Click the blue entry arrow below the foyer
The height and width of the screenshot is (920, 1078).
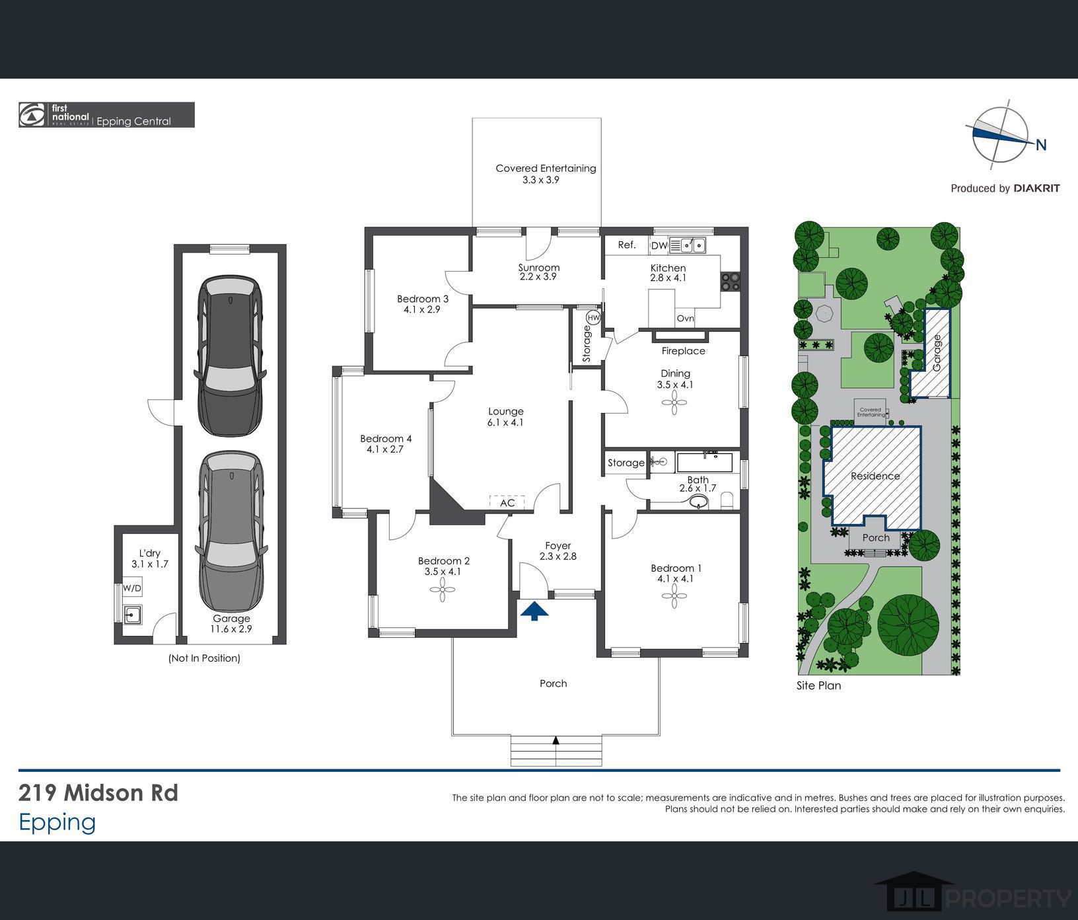pyautogui.click(x=534, y=611)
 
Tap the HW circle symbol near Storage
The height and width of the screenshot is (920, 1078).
pyautogui.click(x=594, y=319)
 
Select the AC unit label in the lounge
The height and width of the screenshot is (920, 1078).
pyautogui.click(x=507, y=503)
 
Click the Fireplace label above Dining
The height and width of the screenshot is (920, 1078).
pyautogui.click(x=683, y=351)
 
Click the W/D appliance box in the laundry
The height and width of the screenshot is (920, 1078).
pyautogui.click(x=132, y=588)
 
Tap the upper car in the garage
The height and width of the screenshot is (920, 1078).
pyautogui.click(x=231, y=356)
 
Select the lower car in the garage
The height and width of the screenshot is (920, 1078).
pyautogui.click(x=232, y=532)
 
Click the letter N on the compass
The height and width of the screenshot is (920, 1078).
pyautogui.click(x=1041, y=145)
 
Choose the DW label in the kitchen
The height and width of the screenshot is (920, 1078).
pyautogui.click(x=659, y=246)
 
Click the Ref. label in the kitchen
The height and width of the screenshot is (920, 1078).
pyautogui.click(x=627, y=245)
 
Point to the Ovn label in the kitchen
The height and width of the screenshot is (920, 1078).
pyautogui.click(x=686, y=319)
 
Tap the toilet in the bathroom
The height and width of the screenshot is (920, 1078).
pyautogui.click(x=727, y=500)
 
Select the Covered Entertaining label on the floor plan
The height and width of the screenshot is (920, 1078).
pyautogui.click(x=546, y=169)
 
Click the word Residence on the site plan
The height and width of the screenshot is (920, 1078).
pyautogui.click(x=875, y=476)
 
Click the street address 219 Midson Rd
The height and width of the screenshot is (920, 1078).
pyautogui.click(x=98, y=792)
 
